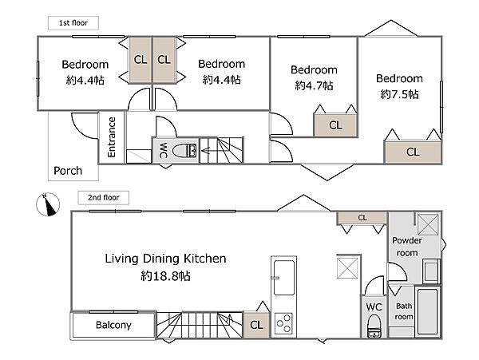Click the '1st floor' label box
pyautogui.click(x=73, y=23)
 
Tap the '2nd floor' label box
pyautogui.click(x=103, y=197)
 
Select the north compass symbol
pyautogui.click(x=48, y=204)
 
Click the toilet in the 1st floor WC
pyautogui.click(x=184, y=151)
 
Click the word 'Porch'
pyautogui.click(x=68, y=171)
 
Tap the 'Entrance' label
pyautogui.click(x=112, y=137)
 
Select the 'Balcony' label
pyautogui.click(x=113, y=325)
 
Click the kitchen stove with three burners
pyautogui.click(x=283, y=323)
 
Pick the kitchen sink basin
pyautogui.click(x=284, y=277)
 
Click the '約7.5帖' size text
pyautogui.click(x=399, y=94)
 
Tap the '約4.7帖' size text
pyautogui.click(x=314, y=85)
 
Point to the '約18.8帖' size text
pyautogui.click(x=165, y=276)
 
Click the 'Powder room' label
pyautogui.click(x=407, y=247)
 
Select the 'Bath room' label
pyautogui.click(x=404, y=311)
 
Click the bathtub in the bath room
pyautogui.click(x=428, y=311)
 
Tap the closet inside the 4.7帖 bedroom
pyautogui.click(x=335, y=125)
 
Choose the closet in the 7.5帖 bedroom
pyautogui.click(x=413, y=152)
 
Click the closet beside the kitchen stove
pyautogui.click(x=256, y=325)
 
